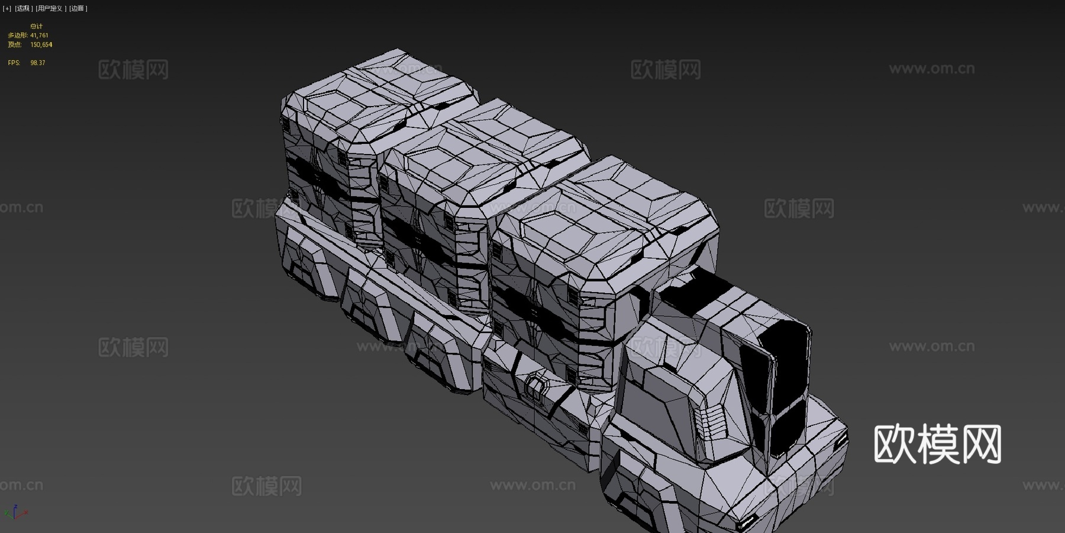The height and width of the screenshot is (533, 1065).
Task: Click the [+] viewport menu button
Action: pyautogui.click(x=7, y=8)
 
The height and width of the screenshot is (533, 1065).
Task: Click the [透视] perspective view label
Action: pyautogui.click(x=23, y=8)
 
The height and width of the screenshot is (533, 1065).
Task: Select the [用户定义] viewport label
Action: pyautogui.click(x=51, y=8)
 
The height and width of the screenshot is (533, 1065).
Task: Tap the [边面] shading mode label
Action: pyautogui.click(x=78, y=8)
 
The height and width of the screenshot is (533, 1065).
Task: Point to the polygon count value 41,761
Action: pyautogui.click(x=39, y=36)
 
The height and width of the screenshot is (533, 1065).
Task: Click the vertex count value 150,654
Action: pyautogui.click(x=41, y=44)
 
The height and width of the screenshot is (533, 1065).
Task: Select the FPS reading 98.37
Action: pyautogui.click(x=38, y=63)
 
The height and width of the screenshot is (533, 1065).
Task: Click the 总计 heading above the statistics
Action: pyautogui.click(x=36, y=27)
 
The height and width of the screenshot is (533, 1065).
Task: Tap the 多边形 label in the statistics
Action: pyautogui.click(x=17, y=36)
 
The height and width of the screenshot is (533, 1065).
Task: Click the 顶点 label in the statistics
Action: pyautogui.click(x=15, y=44)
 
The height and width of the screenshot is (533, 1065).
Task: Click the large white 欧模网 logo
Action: pyautogui.click(x=937, y=444)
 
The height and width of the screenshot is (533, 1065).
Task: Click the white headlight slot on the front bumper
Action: pyautogui.click(x=747, y=523)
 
